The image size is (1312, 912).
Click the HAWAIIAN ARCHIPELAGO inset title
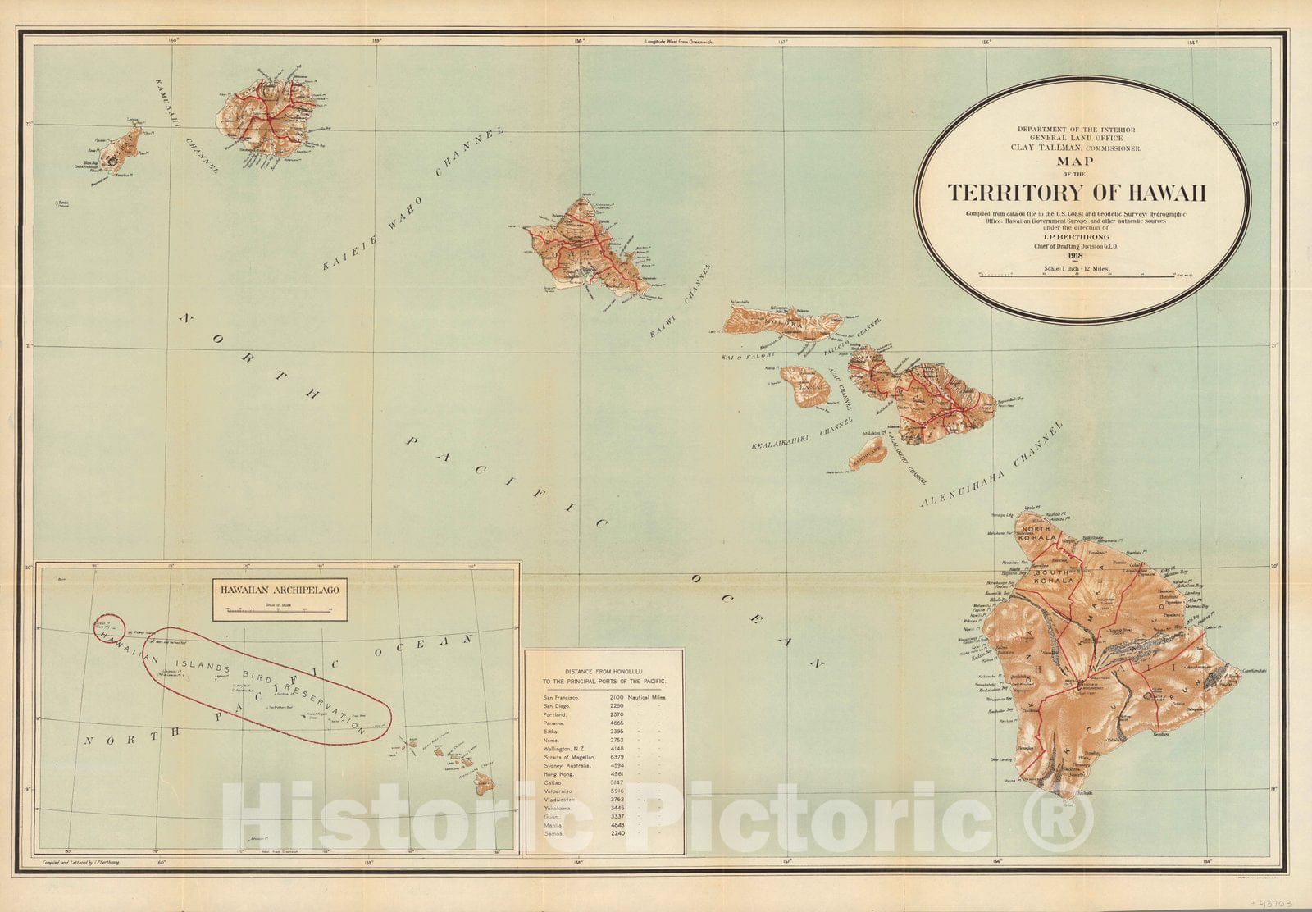pyautogui.click(x=279, y=588)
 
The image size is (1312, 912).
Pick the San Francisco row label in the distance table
pyautogui.click(x=562, y=698)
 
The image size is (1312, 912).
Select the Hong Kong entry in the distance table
pyautogui.click(x=558, y=773)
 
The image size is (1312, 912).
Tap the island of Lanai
pyautogui.click(x=804, y=385)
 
